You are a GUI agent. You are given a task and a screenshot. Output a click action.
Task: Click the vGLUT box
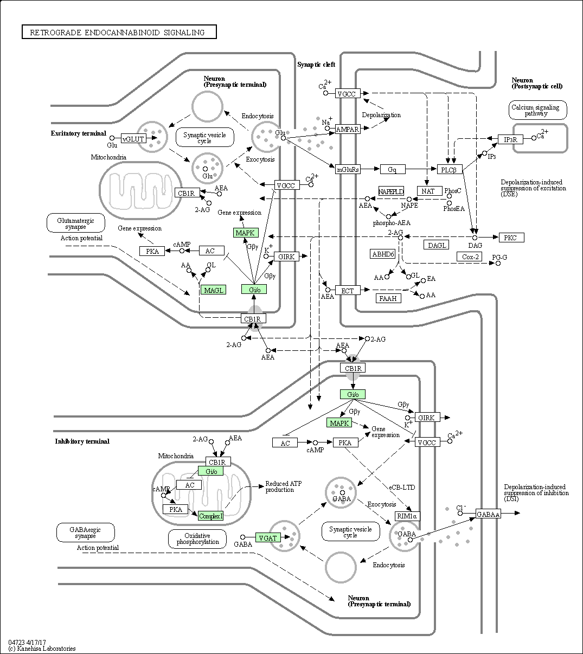[133, 138]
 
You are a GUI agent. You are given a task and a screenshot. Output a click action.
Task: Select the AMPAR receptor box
[347, 129]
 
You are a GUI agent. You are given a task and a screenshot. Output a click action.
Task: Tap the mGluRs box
[348, 169]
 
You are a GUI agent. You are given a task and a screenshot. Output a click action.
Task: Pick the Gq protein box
[392, 169]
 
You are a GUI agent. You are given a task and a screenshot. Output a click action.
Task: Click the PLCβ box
[450, 169]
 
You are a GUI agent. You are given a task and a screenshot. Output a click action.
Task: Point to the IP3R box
[510, 139]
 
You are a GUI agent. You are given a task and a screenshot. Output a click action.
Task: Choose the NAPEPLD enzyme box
[391, 191]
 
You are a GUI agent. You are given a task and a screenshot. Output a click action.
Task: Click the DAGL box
[437, 245]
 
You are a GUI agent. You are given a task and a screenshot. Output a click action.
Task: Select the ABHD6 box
[383, 254]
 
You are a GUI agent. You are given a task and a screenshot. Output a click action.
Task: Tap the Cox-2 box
[470, 257]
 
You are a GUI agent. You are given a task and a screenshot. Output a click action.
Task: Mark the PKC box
[511, 238]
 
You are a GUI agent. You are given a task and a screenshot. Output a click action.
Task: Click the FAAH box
[388, 298]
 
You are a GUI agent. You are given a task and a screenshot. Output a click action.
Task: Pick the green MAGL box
[213, 290]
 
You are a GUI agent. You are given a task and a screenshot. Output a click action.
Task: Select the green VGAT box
[268, 537]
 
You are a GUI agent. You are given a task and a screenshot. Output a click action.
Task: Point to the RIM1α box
[407, 516]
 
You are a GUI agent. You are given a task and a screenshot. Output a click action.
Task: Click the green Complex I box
[211, 516]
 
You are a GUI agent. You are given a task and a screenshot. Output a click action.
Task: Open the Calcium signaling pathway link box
[537, 110]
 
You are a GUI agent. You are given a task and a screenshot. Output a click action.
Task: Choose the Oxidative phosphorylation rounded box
[197, 538]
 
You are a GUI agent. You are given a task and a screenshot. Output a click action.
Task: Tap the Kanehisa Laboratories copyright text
[42, 648]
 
